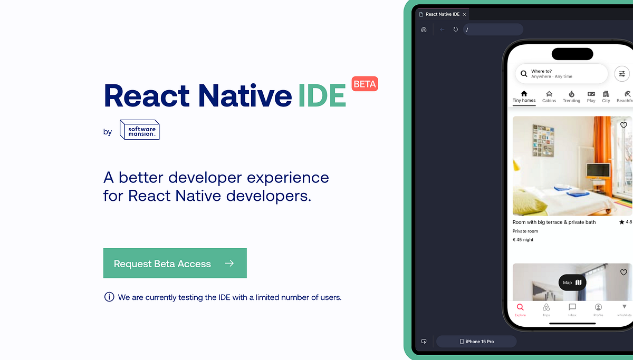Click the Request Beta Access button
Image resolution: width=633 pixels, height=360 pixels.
click(x=175, y=264)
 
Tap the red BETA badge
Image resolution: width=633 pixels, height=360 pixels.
click(x=365, y=84)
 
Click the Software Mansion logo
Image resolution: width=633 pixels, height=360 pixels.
click(x=139, y=130)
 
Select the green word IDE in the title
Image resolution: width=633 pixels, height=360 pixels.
click(x=322, y=95)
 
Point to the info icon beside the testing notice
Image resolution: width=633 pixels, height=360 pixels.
click(x=109, y=297)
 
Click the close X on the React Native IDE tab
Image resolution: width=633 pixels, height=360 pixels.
click(x=464, y=14)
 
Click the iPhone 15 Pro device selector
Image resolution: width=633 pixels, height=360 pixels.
click(x=476, y=342)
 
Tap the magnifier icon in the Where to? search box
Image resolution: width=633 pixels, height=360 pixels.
click(x=524, y=74)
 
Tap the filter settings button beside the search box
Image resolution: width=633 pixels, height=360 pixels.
click(x=622, y=74)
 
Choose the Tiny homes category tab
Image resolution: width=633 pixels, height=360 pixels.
click(x=524, y=96)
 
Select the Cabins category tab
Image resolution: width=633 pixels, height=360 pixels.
click(x=549, y=96)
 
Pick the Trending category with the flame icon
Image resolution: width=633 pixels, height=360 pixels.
click(x=571, y=96)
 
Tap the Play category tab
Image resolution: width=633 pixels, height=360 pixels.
click(x=591, y=96)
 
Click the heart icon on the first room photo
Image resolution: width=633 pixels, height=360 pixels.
click(x=624, y=125)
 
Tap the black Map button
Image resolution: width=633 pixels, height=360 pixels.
click(x=572, y=283)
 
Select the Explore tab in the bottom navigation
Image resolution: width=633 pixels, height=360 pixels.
click(x=520, y=309)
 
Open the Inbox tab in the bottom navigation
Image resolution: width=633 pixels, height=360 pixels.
click(x=572, y=309)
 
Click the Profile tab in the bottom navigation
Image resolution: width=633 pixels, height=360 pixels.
click(x=598, y=309)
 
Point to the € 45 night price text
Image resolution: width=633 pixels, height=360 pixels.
click(x=523, y=240)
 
